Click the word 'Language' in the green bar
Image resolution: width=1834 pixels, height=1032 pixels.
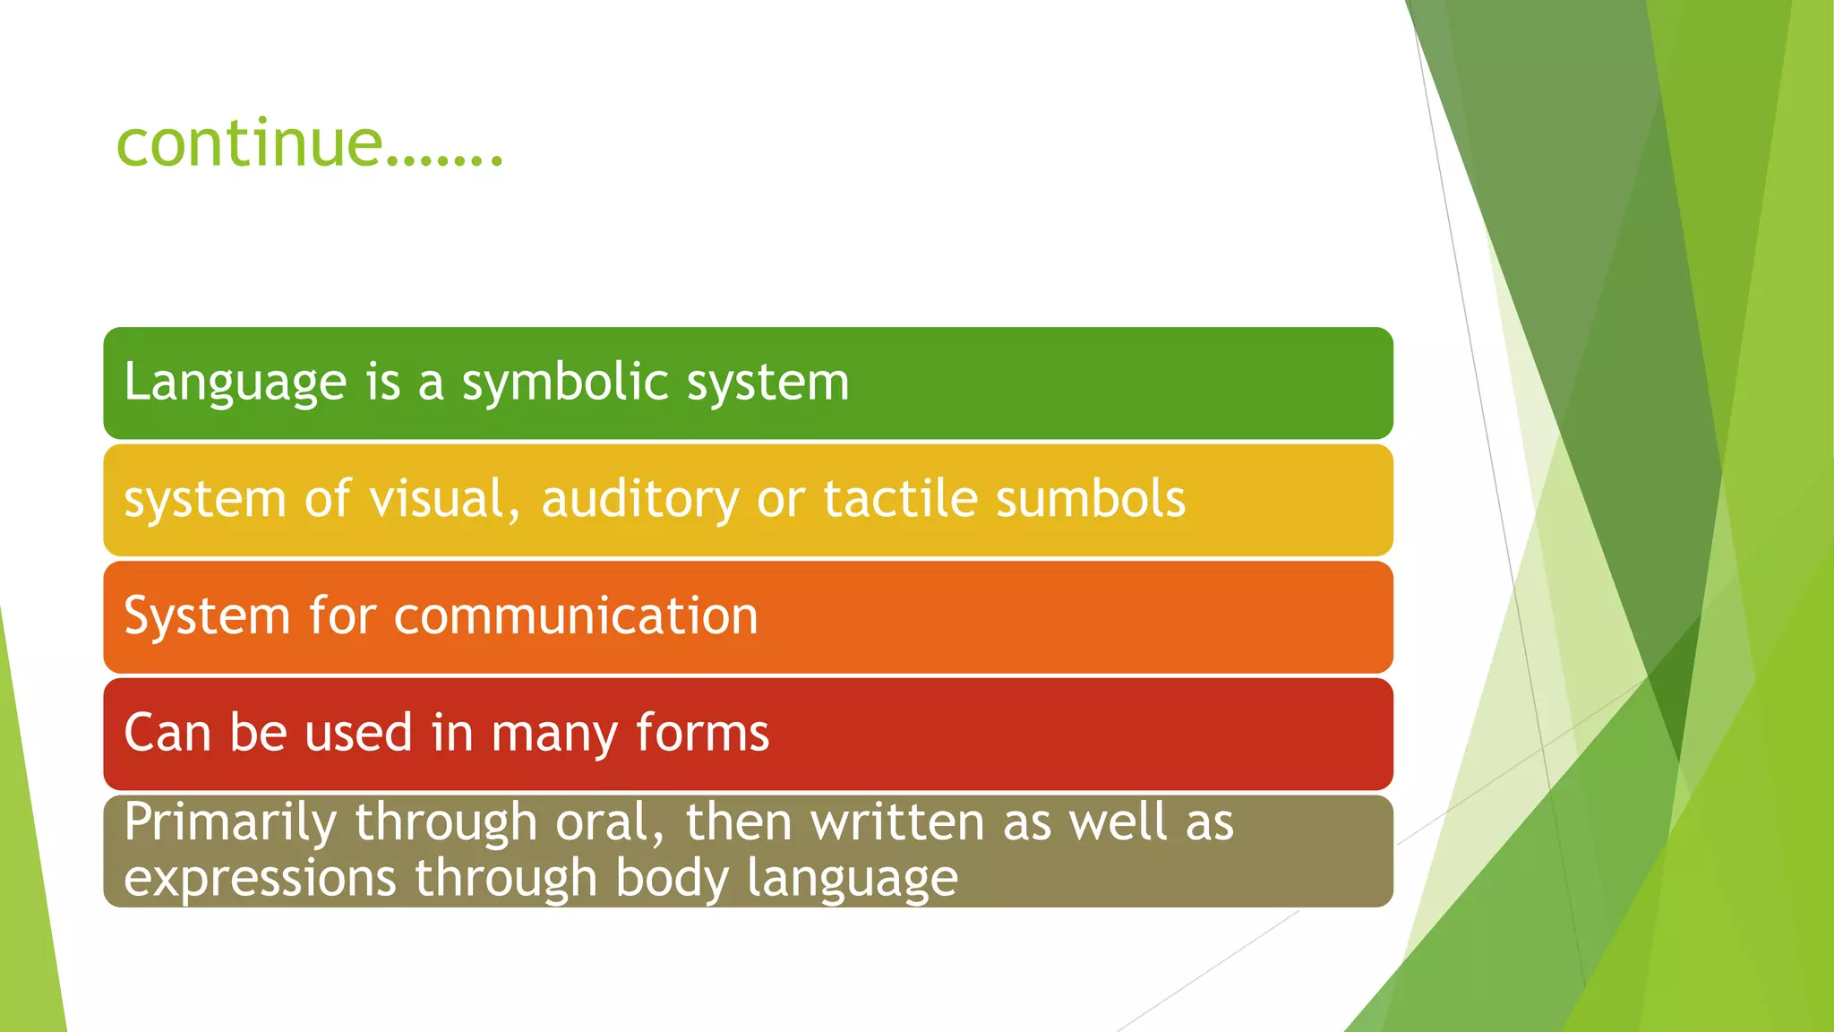point(235,383)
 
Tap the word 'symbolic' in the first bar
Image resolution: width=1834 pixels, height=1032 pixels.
point(564,383)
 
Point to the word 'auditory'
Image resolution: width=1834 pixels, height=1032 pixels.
point(639,500)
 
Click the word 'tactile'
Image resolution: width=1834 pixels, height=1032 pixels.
point(900,499)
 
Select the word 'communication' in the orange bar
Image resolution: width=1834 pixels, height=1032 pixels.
point(575,616)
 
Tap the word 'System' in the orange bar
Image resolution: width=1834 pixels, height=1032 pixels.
point(207,616)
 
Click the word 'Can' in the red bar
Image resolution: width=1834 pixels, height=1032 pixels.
point(167,733)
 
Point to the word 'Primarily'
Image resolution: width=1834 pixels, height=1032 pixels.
point(230,822)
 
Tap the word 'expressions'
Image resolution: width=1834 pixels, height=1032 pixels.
point(260,878)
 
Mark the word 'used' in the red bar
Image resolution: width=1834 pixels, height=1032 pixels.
point(359,733)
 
